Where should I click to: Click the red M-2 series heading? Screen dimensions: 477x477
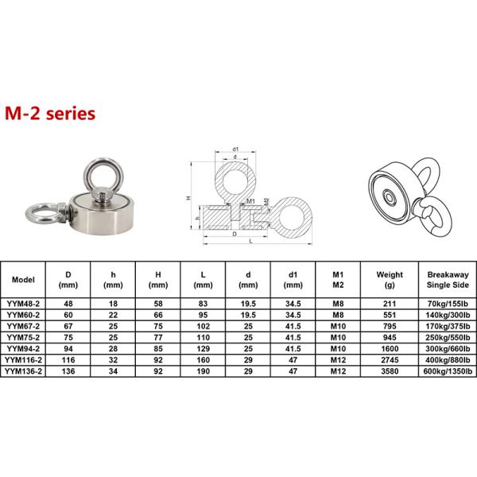click(50, 114)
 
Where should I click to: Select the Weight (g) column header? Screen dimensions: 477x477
click(390, 280)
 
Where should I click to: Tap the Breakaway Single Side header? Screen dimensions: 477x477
click(448, 280)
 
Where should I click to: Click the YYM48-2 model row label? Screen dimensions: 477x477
click(23, 304)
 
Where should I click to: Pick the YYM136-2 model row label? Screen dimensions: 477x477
click(23, 371)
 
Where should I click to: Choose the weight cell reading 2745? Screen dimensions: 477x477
click(390, 360)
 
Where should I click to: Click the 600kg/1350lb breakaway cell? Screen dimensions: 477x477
click(448, 371)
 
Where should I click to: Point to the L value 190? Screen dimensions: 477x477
click(204, 371)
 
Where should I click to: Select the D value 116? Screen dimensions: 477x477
click(68, 360)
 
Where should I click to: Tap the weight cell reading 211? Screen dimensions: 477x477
click(390, 304)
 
